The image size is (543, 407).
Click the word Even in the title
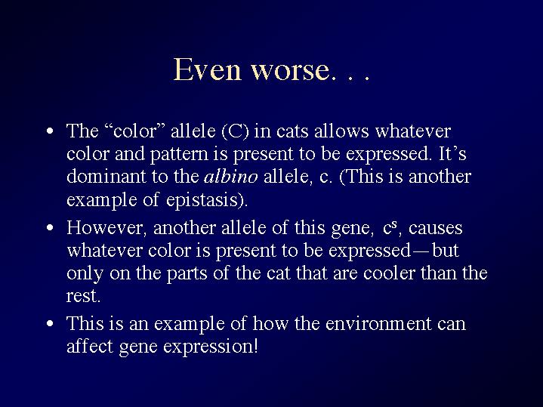(x=207, y=69)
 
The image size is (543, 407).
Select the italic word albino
(x=231, y=176)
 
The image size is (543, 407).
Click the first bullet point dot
(x=50, y=131)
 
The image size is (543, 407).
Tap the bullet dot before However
(x=50, y=227)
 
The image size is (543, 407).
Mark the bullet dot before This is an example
(x=50, y=323)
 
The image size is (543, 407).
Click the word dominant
(x=106, y=176)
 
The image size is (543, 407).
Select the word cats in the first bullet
(x=292, y=131)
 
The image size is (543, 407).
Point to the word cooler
(x=389, y=273)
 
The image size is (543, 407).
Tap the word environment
(x=378, y=324)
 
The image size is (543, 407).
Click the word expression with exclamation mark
(x=210, y=347)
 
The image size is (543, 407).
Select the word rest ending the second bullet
(x=84, y=297)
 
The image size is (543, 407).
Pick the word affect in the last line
(x=90, y=346)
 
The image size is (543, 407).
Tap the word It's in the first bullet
(x=452, y=153)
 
